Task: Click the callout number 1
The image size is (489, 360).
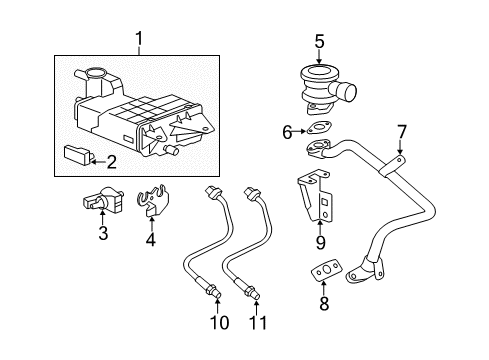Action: [x=139, y=39]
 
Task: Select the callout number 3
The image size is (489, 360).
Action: [x=102, y=235]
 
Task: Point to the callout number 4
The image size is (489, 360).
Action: [x=151, y=240]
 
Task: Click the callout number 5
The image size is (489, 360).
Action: [x=319, y=43]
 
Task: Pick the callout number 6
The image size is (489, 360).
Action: [x=287, y=130]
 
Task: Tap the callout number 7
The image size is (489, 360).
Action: [x=400, y=131]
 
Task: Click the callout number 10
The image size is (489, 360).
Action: [x=219, y=322]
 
